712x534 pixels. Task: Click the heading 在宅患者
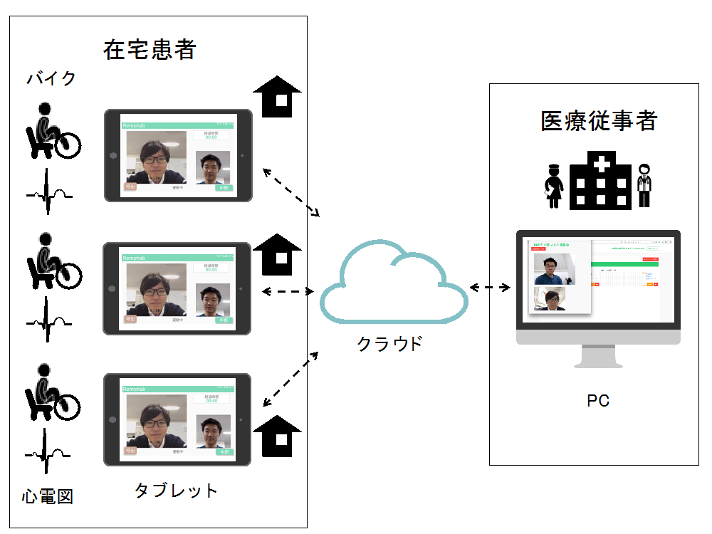tap(149, 50)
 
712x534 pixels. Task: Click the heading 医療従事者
tap(598, 121)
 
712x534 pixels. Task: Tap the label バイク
tap(51, 78)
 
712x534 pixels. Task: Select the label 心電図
tap(47, 496)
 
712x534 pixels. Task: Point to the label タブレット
tap(176, 491)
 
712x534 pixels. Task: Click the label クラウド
tap(389, 344)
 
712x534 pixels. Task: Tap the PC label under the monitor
tap(597, 401)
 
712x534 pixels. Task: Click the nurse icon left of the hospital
tap(553, 186)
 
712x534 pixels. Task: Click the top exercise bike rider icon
tap(51, 131)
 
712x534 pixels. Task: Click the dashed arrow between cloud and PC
tap(491, 288)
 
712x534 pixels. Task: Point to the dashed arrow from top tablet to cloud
tap(292, 192)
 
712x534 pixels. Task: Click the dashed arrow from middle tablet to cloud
tap(288, 291)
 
